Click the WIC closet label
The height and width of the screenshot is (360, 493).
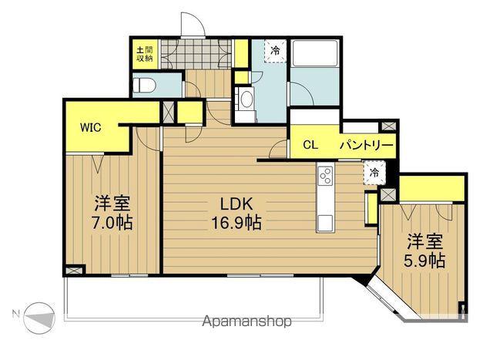91,127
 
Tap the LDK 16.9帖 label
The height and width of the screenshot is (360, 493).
236,214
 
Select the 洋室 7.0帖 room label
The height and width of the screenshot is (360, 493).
112,213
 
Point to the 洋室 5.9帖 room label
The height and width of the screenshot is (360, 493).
424,251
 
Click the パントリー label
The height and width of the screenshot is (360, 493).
367,146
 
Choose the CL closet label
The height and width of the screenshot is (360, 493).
310,145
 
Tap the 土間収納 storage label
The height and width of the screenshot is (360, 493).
145,54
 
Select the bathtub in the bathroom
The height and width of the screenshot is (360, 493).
315,53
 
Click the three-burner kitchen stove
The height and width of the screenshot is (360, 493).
325,176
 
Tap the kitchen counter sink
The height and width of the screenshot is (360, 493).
325,223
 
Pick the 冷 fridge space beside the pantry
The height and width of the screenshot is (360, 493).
374,173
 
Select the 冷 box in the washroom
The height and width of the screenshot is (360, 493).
275,51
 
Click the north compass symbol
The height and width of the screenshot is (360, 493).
39,318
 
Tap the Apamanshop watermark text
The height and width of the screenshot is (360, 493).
246,321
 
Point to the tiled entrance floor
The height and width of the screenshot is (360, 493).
196,53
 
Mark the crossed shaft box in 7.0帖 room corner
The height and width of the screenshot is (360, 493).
74,270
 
